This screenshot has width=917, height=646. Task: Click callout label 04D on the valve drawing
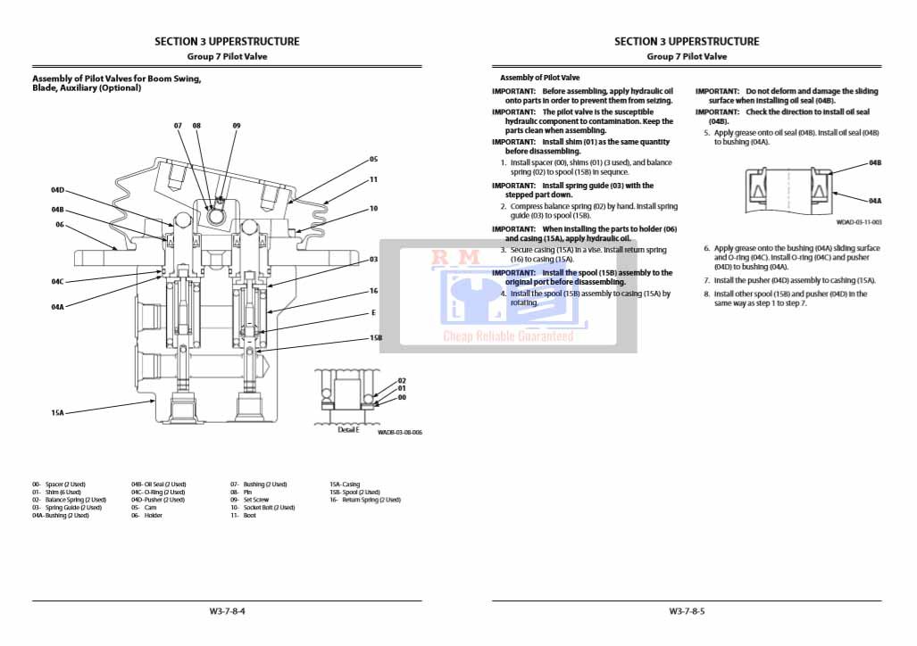(57, 190)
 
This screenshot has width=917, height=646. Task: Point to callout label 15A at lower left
(57, 413)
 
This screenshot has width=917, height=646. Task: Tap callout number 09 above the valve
(237, 126)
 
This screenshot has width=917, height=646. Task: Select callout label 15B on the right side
(376, 338)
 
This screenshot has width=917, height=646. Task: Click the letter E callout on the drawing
(373, 313)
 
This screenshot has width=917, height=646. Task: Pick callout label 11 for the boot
(373, 179)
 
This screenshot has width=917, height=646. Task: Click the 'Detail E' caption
(348, 430)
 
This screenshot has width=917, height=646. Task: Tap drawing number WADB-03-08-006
(399, 432)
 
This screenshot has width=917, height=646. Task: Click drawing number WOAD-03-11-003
(859, 222)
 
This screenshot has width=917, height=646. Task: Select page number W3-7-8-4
(227, 611)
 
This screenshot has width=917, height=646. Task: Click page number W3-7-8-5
(687, 611)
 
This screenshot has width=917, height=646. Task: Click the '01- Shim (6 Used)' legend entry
(56, 492)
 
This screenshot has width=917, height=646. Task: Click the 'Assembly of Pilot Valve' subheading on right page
(539, 79)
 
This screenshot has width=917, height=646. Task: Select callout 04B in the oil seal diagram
(875, 163)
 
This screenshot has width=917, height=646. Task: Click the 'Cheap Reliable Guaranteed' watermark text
(508, 336)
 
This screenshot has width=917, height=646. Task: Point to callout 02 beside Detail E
(402, 380)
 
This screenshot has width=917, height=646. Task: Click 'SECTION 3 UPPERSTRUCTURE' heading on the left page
(227, 41)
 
